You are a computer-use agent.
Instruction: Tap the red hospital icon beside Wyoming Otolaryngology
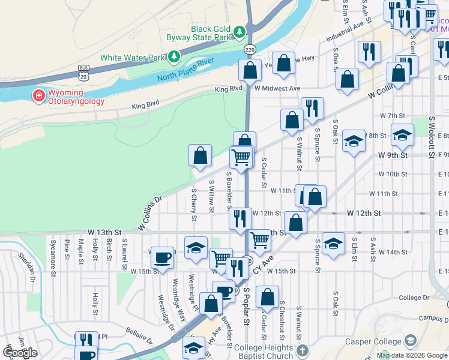click(x=38, y=95)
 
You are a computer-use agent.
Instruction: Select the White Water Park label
click(x=132, y=58)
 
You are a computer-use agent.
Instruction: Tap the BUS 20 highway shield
click(x=83, y=73)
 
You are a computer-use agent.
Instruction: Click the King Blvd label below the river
click(x=146, y=106)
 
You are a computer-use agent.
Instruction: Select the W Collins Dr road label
click(x=150, y=212)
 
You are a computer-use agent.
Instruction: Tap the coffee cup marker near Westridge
click(x=162, y=258)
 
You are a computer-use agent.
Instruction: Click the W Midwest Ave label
click(x=277, y=88)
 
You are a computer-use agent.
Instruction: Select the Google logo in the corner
click(x=20, y=353)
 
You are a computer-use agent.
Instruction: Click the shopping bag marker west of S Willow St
click(x=200, y=155)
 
